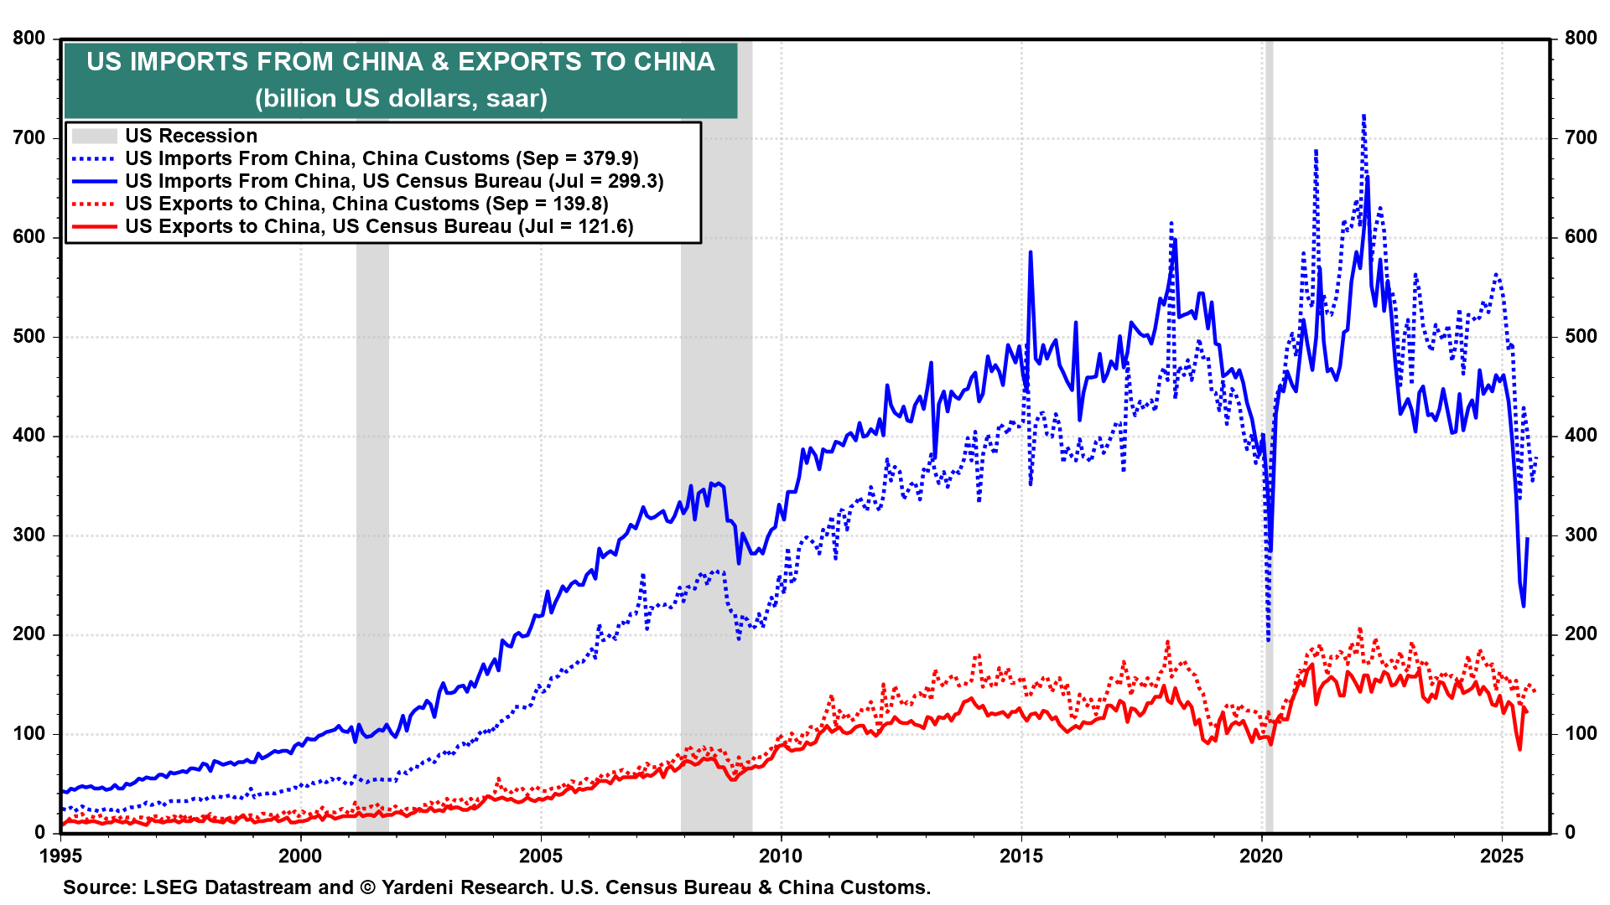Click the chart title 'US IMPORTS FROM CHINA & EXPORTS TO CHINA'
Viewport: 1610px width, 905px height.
click(401, 62)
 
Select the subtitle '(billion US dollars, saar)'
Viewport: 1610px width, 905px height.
click(401, 99)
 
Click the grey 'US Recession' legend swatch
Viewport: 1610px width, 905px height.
click(94, 136)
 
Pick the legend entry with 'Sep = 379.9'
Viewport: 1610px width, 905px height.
click(382, 158)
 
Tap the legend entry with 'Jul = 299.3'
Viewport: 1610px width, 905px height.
click(394, 181)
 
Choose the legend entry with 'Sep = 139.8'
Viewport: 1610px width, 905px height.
click(366, 204)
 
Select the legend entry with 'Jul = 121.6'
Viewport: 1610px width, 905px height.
click(379, 226)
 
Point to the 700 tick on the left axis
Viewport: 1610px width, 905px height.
click(29, 137)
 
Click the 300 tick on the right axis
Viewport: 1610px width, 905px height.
click(1580, 535)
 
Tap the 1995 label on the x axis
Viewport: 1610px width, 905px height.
click(60, 856)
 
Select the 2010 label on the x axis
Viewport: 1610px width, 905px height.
click(781, 856)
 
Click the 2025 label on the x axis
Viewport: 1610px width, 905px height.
click(1502, 856)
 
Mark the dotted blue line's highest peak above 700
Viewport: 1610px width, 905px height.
click(1363, 116)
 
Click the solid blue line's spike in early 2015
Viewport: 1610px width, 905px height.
click(1031, 251)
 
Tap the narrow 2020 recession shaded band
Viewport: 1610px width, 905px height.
click(1269, 419)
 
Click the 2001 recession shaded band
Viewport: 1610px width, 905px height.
click(372, 503)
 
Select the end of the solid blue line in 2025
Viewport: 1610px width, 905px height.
click(1527, 538)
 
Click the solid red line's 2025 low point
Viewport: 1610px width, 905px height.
click(1519, 748)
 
